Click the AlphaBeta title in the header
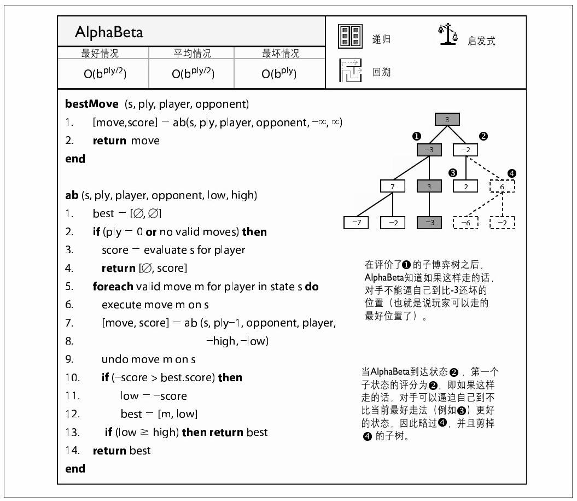click(109, 32)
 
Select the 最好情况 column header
click(100, 53)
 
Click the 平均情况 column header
click(192, 53)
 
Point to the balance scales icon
click(447, 36)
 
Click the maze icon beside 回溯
click(350, 71)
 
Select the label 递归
click(381, 40)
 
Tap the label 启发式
click(481, 41)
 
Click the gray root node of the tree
click(447, 119)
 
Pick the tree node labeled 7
click(393, 187)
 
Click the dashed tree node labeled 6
click(502, 187)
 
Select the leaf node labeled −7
click(356, 223)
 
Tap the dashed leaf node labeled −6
click(465, 223)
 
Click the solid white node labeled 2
click(465, 187)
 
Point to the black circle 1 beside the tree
click(417, 136)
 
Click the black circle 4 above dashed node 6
click(511, 173)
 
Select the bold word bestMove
click(91, 104)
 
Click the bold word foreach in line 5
click(113, 287)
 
